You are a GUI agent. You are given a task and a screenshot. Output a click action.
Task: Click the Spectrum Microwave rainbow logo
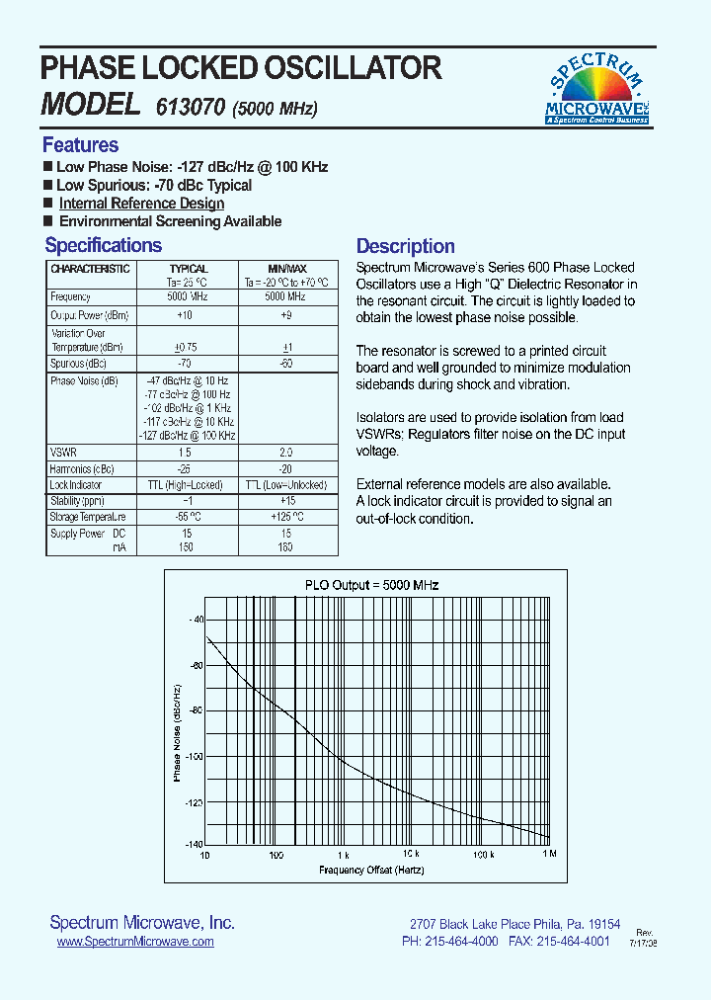click(x=596, y=89)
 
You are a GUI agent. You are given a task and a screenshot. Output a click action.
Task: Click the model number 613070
click(x=192, y=107)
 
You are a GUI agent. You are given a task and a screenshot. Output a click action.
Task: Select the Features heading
click(x=80, y=145)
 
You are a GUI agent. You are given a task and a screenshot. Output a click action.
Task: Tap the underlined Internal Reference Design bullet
click(x=141, y=204)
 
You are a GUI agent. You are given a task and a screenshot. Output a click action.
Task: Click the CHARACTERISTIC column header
click(x=90, y=269)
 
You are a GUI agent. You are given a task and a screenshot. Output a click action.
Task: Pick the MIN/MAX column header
click(x=287, y=269)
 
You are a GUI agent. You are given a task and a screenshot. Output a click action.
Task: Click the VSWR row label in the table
click(x=63, y=452)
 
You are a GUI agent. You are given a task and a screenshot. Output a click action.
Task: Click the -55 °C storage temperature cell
click(x=188, y=517)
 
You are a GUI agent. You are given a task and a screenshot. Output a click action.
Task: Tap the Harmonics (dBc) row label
click(x=83, y=468)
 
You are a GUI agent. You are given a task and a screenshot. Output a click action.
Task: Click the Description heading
click(x=405, y=247)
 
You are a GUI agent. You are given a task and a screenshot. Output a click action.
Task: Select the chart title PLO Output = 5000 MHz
click(x=371, y=585)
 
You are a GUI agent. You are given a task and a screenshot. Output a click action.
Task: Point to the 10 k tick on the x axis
click(x=411, y=854)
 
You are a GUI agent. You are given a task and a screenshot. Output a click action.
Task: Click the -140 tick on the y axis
click(x=193, y=845)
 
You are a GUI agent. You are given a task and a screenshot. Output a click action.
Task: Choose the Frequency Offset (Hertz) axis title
click(x=371, y=870)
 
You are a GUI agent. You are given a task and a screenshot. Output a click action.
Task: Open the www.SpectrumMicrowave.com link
click(x=135, y=943)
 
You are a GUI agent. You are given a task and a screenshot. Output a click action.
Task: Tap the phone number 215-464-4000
click(x=463, y=942)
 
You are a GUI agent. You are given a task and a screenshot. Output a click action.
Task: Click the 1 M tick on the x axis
click(x=549, y=854)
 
